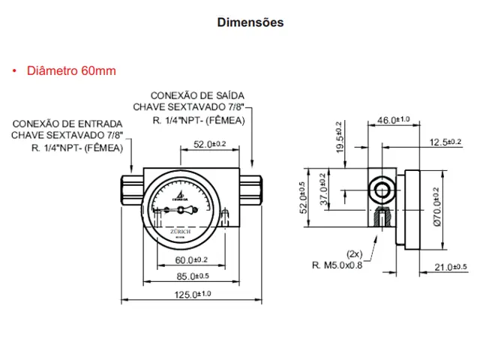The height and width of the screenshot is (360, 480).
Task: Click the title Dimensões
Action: coord(250,22)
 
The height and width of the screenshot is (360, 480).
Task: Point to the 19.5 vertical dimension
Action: coord(339,135)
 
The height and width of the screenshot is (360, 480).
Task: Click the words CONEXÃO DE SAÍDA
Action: coord(196,96)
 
